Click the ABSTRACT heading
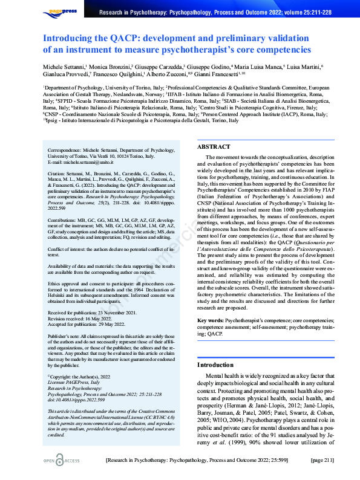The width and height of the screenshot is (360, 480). (x=214, y=146)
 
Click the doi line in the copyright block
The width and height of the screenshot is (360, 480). (x=76, y=400)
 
